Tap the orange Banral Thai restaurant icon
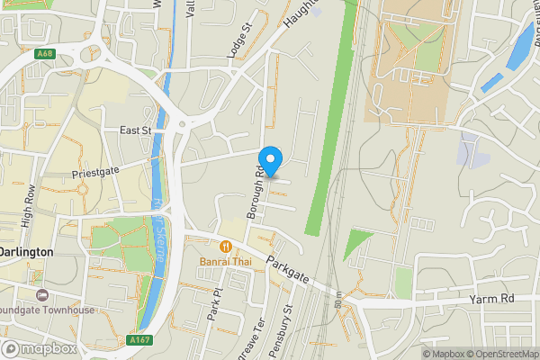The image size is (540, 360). click(x=225, y=246)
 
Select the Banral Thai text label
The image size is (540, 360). click(x=225, y=262)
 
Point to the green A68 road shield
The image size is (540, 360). click(x=45, y=54)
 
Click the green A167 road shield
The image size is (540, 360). click(x=139, y=340)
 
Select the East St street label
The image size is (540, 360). click(x=136, y=130)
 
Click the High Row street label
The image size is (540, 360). click(x=30, y=205)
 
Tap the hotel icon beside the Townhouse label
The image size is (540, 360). click(x=40, y=295)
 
